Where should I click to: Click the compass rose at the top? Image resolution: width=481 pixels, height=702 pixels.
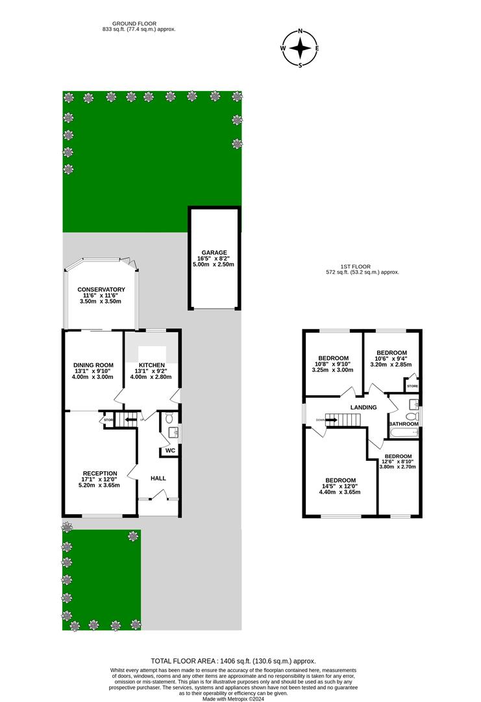click(x=300, y=48)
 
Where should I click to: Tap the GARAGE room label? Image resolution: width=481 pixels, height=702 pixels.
click(x=214, y=252)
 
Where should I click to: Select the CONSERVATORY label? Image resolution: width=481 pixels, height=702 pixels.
click(x=101, y=289)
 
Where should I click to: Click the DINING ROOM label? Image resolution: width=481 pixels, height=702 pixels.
click(x=93, y=364)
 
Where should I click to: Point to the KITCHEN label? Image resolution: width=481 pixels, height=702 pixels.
click(x=151, y=365)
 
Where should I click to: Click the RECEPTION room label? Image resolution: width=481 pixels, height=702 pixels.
click(x=99, y=473)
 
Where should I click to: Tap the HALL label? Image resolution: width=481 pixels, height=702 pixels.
click(x=158, y=478)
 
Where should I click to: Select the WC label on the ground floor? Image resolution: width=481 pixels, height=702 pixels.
click(x=170, y=450)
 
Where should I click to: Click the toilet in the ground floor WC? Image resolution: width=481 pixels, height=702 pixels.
click(x=170, y=419)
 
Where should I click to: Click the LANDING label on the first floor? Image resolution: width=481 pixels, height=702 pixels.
click(x=364, y=408)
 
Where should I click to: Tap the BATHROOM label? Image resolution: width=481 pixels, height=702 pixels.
click(x=403, y=424)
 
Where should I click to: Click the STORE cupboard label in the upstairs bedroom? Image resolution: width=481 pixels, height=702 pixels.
click(x=412, y=387)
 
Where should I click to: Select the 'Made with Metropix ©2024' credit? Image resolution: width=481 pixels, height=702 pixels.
click(x=240, y=698)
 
